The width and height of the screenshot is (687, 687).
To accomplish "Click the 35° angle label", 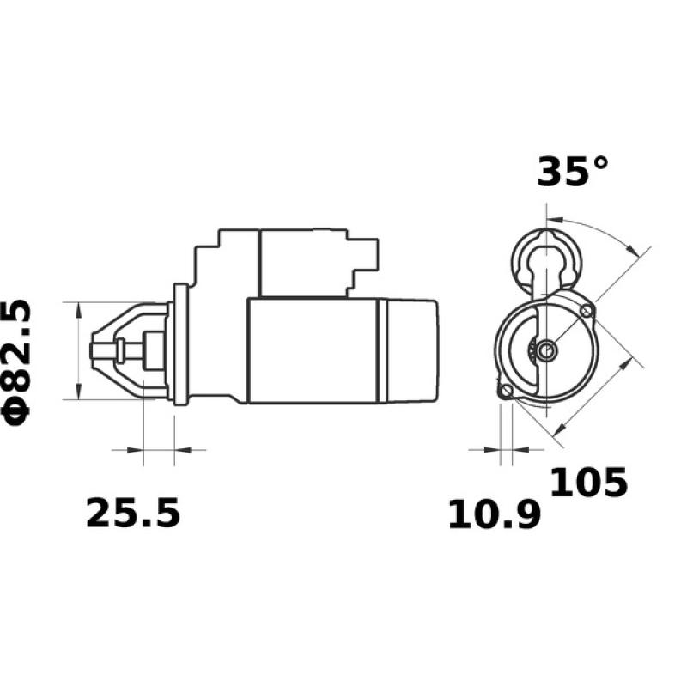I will [x=572, y=171].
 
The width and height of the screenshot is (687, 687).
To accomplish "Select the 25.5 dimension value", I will [x=133, y=514].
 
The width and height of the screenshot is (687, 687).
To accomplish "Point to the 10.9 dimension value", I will [x=495, y=515].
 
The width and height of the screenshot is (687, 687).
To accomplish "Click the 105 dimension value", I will [x=589, y=483].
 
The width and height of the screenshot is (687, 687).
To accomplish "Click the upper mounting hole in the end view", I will [x=587, y=310].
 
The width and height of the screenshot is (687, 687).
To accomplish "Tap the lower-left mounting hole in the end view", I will [x=507, y=392].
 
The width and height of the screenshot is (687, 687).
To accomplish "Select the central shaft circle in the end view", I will [x=548, y=349].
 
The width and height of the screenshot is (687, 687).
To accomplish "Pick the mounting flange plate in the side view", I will [x=180, y=343].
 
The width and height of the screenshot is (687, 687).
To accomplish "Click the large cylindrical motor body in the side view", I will [x=313, y=350].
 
